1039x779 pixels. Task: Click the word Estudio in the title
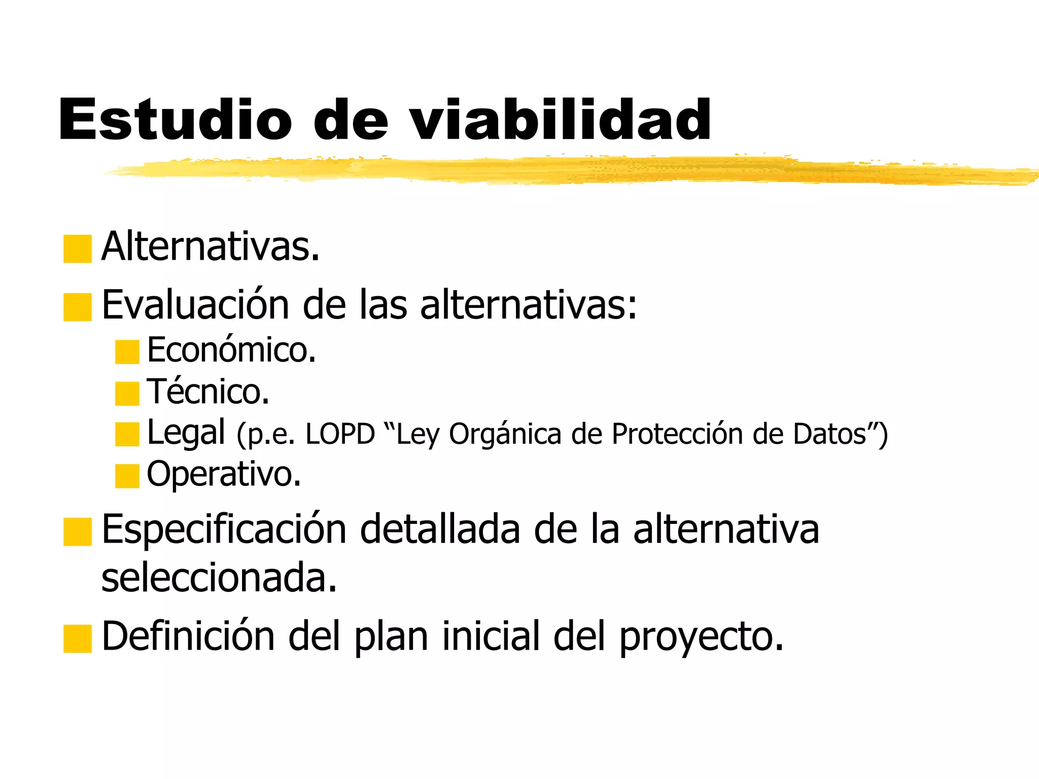pos(175,120)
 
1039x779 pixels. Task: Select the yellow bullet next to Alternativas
pos(77,249)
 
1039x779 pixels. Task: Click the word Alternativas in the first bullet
pos(210,247)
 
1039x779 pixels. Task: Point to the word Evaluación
pos(195,305)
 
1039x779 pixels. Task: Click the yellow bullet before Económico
pos(127,352)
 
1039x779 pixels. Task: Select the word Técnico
pos(208,392)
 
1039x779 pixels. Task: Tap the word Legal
pos(186,433)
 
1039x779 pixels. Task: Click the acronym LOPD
pos(340,434)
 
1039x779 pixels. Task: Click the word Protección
pos(677,434)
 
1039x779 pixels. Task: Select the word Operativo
pos(224,474)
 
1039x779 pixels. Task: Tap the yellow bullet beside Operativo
pos(127,476)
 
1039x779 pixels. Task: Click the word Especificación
pos(224,530)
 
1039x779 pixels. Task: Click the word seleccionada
pos(219,578)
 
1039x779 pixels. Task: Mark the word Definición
pos(188,636)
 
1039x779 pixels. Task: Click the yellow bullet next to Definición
pos(77,639)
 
